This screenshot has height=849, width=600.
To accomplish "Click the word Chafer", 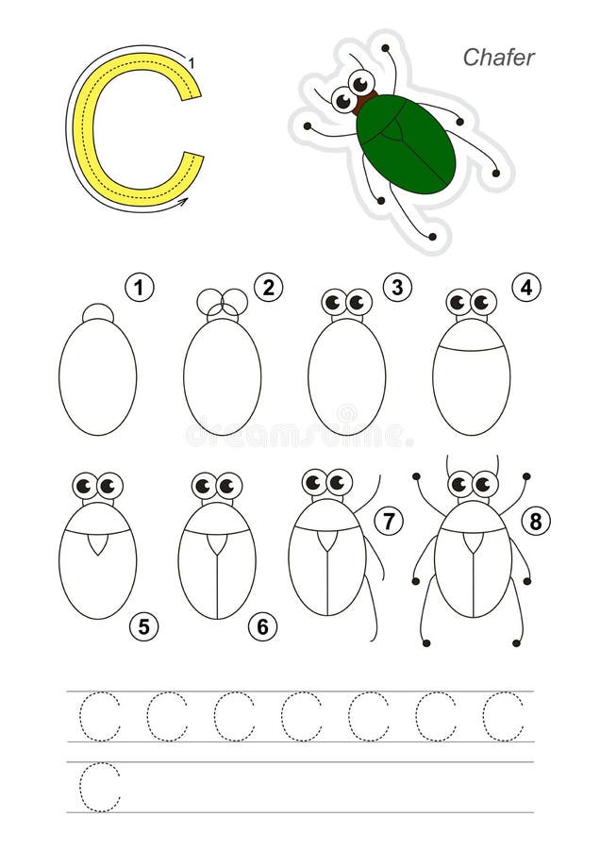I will click(498, 58).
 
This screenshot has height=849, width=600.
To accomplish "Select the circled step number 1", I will click(140, 288).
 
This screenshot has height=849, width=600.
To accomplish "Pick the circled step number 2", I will click(269, 288).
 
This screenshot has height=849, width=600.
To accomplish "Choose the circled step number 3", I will click(397, 288).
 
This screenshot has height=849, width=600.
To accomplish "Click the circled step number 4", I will click(525, 288).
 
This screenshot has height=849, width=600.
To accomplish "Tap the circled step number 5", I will click(144, 625).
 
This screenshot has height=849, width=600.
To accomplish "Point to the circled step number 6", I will click(263, 625).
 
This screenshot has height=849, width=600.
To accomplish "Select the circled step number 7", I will click(389, 520).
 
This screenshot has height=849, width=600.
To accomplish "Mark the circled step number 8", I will click(536, 520).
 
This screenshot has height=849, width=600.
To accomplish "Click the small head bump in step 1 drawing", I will click(97, 313).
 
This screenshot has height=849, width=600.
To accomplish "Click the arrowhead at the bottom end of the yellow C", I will click(183, 201).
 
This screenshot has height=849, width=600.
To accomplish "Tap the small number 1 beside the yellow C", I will click(192, 63).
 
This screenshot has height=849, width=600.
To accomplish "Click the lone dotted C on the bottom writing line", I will click(100, 787).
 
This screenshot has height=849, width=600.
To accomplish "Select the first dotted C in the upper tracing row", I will click(100, 717).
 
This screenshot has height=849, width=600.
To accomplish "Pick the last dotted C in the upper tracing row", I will click(503, 717).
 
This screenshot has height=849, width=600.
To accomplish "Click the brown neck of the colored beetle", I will click(364, 101).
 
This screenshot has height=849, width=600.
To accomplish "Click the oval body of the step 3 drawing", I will click(346, 377).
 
